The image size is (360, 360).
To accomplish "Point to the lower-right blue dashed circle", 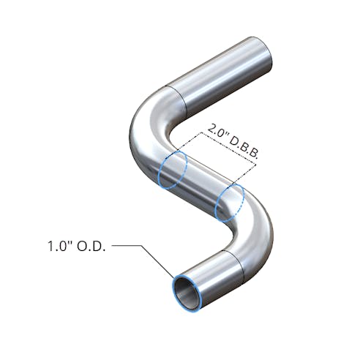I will point(229,202).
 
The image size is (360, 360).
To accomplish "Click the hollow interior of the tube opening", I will point(186,291).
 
